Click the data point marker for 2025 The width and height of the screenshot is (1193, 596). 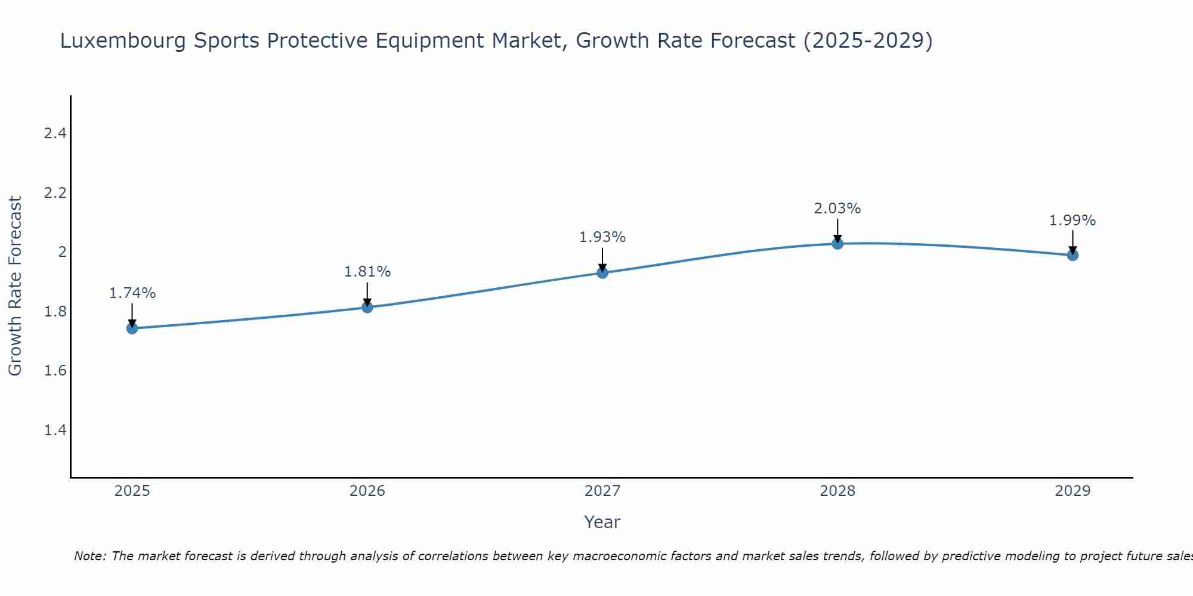pos(132,328)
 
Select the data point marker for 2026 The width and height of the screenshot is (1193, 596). pos(367,308)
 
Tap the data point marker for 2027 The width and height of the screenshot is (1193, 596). pos(602,273)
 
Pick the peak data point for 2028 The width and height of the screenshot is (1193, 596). pos(837,243)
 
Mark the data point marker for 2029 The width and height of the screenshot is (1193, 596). pos(1073,255)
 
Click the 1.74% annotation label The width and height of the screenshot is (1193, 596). pos(132,293)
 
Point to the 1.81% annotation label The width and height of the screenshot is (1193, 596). pos(367,272)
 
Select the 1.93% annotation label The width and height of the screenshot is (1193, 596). pos(602,237)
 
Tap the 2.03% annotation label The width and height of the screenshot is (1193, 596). pos(837,209)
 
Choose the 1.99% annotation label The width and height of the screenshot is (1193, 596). pos(1073,221)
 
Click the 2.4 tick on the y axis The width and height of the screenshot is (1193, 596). pos(55,134)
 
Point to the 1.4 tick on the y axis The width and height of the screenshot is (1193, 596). pos(55,430)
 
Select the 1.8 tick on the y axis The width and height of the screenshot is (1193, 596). pos(55,312)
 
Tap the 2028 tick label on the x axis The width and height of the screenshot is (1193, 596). pos(837,491)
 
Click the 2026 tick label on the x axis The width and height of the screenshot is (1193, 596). pos(367,491)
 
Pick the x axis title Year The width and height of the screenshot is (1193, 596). pos(602,522)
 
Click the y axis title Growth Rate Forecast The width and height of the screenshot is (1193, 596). pos(16,286)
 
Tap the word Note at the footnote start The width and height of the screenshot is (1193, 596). pos(89,556)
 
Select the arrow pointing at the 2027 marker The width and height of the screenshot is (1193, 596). pos(602,259)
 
